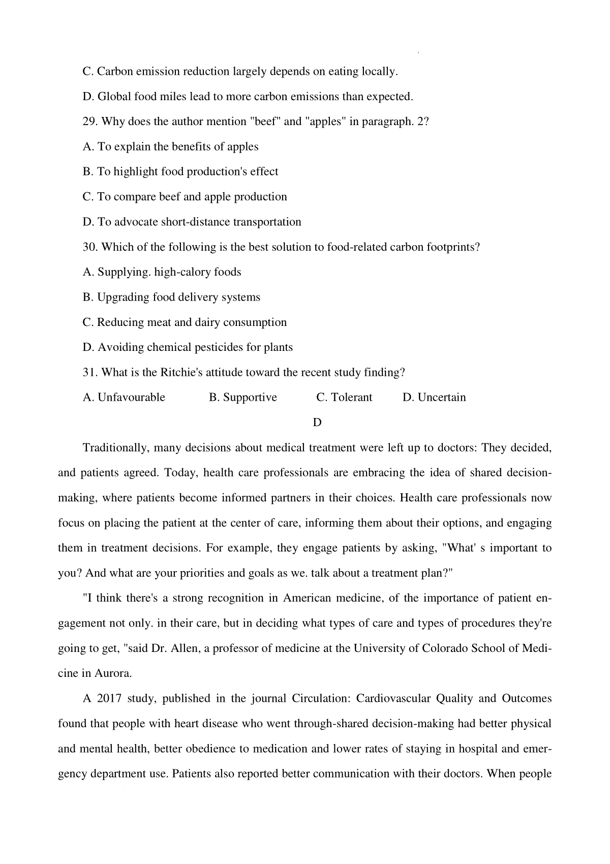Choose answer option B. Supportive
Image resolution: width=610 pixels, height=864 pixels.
[243, 397]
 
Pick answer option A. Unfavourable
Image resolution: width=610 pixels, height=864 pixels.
[124, 397]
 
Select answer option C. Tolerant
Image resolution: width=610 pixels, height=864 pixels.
[344, 397]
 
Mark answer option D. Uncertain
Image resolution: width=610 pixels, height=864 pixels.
[434, 397]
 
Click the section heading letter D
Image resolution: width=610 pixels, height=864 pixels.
[317, 423]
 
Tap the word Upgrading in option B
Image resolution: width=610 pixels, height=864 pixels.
[123, 297]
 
